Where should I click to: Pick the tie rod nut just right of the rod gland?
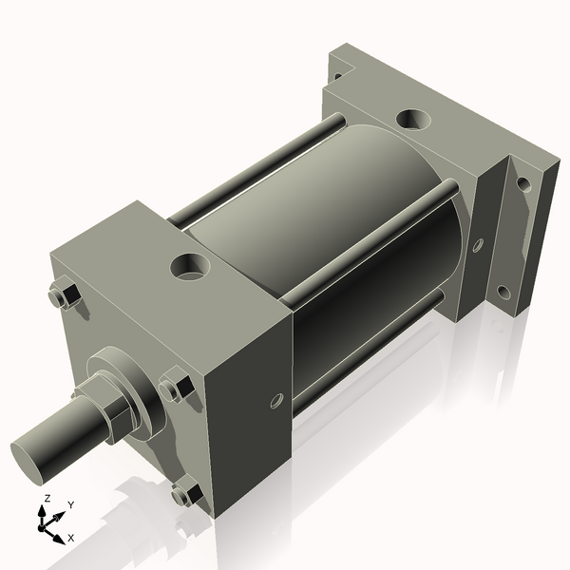[x=174, y=387]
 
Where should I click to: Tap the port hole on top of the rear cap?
[x=411, y=120]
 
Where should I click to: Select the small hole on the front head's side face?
[x=276, y=401]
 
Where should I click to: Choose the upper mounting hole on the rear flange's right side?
[x=522, y=183]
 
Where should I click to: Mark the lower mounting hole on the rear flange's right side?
[x=503, y=292]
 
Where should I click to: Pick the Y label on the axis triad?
[x=70, y=505]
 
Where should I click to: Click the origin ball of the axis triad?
[x=45, y=523]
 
